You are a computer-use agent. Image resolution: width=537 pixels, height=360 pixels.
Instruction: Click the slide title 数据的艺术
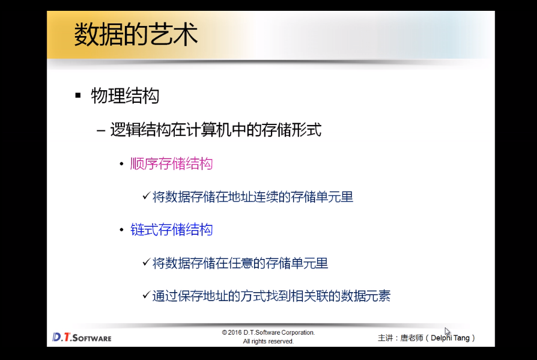(x=136, y=34)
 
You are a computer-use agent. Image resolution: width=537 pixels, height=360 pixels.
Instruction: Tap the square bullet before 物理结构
(x=78, y=95)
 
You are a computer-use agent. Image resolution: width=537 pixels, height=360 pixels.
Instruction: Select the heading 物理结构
(x=125, y=96)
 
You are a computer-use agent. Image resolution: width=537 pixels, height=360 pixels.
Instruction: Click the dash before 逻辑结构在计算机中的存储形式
(x=101, y=130)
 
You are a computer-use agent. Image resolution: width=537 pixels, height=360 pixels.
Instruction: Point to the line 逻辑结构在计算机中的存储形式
(x=216, y=130)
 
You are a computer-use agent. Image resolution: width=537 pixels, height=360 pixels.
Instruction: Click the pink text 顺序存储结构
(x=171, y=163)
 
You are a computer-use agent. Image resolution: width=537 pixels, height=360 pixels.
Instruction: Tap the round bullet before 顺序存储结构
(x=121, y=164)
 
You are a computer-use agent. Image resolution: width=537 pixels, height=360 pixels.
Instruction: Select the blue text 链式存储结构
(x=171, y=230)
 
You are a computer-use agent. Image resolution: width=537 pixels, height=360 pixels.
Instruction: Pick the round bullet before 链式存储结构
(x=121, y=230)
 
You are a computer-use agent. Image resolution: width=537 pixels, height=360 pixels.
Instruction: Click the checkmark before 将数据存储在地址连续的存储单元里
(x=146, y=196)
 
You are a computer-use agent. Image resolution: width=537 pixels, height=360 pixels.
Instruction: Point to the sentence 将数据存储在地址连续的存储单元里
(x=253, y=197)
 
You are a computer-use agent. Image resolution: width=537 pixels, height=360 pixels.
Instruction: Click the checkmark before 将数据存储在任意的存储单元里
(x=146, y=263)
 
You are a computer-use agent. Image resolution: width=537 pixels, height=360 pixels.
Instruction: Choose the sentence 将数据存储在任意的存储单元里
(x=240, y=263)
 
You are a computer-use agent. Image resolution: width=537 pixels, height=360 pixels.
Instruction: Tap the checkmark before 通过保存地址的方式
(x=146, y=295)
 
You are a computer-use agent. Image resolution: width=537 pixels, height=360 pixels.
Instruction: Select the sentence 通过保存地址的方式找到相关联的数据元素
(x=272, y=296)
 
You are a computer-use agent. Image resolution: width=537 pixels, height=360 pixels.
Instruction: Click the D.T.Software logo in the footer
(x=82, y=337)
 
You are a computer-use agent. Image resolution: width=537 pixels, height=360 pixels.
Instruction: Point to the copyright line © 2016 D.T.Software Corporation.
(x=268, y=332)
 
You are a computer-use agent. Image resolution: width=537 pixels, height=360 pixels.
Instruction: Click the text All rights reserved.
(x=268, y=341)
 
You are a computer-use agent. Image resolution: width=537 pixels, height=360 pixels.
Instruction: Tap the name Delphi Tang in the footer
(x=450, y=338)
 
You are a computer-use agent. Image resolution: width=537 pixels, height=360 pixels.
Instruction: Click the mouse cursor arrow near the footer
(x=447, y=332)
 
